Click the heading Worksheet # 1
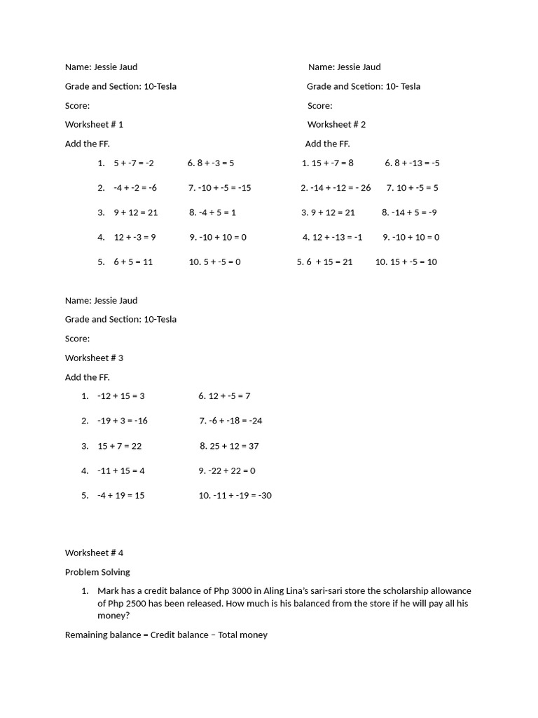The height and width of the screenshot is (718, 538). tap(94, 124)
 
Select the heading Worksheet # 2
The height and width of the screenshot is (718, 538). tap(336, 124)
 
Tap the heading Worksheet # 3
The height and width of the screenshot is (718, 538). tap(94, 358)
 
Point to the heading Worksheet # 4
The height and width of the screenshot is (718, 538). tap(94, 553)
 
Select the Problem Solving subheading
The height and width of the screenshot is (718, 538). tap(97, 571)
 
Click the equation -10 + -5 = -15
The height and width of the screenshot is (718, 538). tap(224, 187)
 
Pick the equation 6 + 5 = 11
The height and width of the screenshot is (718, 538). tap(133, 262)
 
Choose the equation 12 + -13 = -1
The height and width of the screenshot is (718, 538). tap(338, 237)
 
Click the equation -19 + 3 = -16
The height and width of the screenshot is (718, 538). tap(123, 421)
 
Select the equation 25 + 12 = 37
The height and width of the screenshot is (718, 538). tap(234, 445)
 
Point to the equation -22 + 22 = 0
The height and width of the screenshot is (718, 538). tap(232, 470)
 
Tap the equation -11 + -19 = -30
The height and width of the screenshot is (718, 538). tap(240, 495)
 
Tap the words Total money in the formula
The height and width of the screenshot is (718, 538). tap(243, 635)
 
